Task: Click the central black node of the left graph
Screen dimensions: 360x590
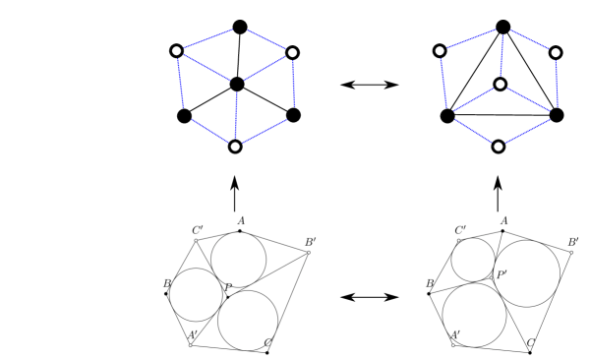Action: pyautogui.click(x=236, y=85)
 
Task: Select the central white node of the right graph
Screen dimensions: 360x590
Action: pyautogui.click(x=501, y=85)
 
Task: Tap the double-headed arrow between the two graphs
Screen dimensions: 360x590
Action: pyautogui.click(x=369, y=86)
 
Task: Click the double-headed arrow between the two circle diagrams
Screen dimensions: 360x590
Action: pyautogui.click(x=369, y=295)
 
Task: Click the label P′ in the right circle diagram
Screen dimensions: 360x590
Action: pyautogui.click(x=502, y=274)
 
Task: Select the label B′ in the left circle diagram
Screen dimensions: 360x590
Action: pyautogui.click(x=311, y=241)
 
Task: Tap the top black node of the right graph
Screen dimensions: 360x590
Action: pyautogui.click(x=502, y=26)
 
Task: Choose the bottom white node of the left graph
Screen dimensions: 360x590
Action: pyautogui.click(x=234, y=147)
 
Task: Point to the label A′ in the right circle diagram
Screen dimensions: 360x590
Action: pyautogui.click(x=455, y=336)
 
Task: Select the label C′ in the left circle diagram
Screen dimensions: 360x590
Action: pyautogui.click(x=198, y=231)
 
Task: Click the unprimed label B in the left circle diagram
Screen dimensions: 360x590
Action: pyautogui.click(x=168, y=283)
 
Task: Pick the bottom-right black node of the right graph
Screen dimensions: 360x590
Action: pyautogui.click(x=557, y=115)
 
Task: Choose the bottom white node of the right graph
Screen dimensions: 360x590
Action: pyautogui.click(x=498, y=147)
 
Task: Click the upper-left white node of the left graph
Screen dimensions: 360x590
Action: pyautogui.click(x=177, y=50)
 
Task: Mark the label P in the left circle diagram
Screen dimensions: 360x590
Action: pyautogui.click(x=228, y=288)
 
